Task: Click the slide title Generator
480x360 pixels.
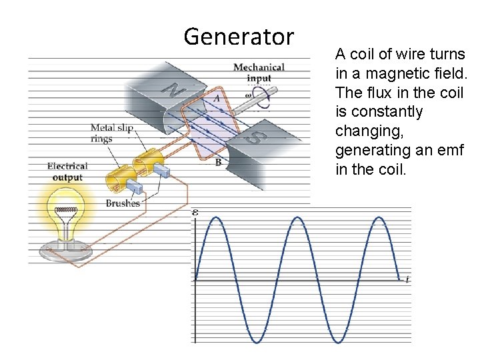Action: tap(238, 36)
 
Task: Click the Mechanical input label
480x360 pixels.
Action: tap(259, 72)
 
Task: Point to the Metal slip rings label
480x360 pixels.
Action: tap(111, 133)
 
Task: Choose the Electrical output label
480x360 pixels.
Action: tap(67, 171)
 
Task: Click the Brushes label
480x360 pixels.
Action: tap(123, 203)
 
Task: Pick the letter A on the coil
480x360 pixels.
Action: tap(216, 99)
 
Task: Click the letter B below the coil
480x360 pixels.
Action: tap(218, 162)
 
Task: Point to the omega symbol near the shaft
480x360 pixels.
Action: tap(247, 95)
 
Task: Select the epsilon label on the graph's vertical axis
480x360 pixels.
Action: tap(195, 212)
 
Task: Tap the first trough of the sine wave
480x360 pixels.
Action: tap(257, 342)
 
